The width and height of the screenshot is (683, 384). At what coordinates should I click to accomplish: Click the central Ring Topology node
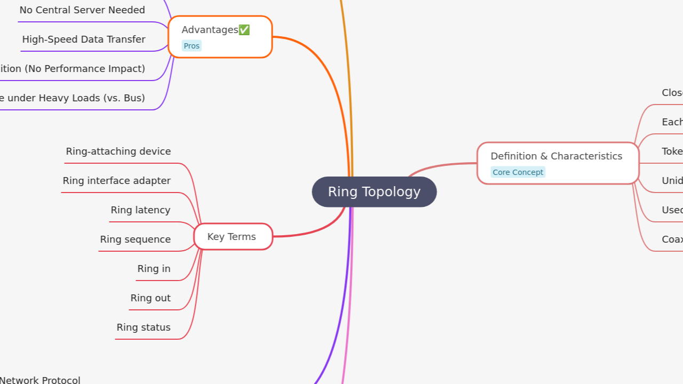point(374,192)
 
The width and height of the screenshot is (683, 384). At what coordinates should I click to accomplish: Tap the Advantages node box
point(220,36)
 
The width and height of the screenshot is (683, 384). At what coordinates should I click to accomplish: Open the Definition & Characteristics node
point(557,163)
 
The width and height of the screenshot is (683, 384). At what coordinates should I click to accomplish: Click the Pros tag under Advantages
point(192,46)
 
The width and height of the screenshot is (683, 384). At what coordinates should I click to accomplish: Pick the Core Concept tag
point(518,172)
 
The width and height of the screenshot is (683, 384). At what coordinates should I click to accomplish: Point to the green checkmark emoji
point(244,30)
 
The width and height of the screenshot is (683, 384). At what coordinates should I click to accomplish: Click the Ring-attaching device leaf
point(118,151)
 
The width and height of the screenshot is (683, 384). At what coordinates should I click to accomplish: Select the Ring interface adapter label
point(117,181)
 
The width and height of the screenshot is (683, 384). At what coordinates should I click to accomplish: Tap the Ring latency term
point(140,210)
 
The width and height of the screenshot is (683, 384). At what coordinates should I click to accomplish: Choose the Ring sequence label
point(136,239)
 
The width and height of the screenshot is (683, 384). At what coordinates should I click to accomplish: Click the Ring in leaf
point(154,269)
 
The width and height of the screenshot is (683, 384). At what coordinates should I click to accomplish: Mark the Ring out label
point(150,298)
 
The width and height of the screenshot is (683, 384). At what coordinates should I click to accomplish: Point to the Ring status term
point(144,327)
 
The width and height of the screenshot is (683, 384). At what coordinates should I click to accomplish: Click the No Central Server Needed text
point(82,10)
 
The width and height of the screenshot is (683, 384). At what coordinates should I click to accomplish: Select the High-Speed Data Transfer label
point(84,39)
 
